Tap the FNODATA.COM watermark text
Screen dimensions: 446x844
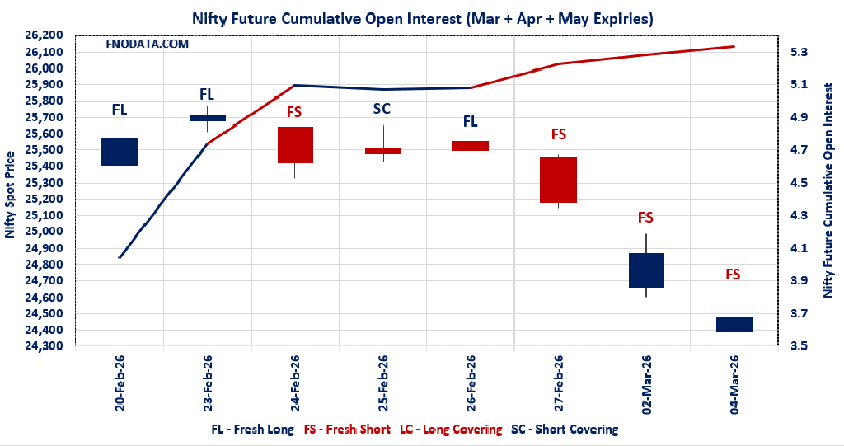click(x=148, y=43)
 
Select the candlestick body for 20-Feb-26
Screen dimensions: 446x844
click(x=120, y=153)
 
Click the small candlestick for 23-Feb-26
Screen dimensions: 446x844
click(x=207, y=118)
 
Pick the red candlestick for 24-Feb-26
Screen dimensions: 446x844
click(x=295, y=145)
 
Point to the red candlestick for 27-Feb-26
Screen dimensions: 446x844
click(x=558, y=180)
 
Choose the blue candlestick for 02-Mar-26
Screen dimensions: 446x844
click(x=645, y=270)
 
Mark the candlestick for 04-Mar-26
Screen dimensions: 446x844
click(x=733, y=324)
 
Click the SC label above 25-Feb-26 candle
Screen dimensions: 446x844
click(x=382, y=109)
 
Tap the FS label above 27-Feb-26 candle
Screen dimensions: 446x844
click(x=558, y=134)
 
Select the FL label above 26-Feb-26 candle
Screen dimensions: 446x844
click(x=470, y=122)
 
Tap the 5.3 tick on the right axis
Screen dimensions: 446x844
click(x=799, y=52)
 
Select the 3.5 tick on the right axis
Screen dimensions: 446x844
click(x=799, y=346)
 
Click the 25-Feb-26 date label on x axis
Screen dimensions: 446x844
click(x=382, y=383)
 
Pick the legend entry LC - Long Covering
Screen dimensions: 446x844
click(x=450, y=430)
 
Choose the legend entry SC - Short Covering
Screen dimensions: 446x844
click(x=565, y=430)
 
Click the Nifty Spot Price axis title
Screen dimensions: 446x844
click(x=10, y=195)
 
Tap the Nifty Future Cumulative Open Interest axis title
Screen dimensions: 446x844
click(x=828, y=195)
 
